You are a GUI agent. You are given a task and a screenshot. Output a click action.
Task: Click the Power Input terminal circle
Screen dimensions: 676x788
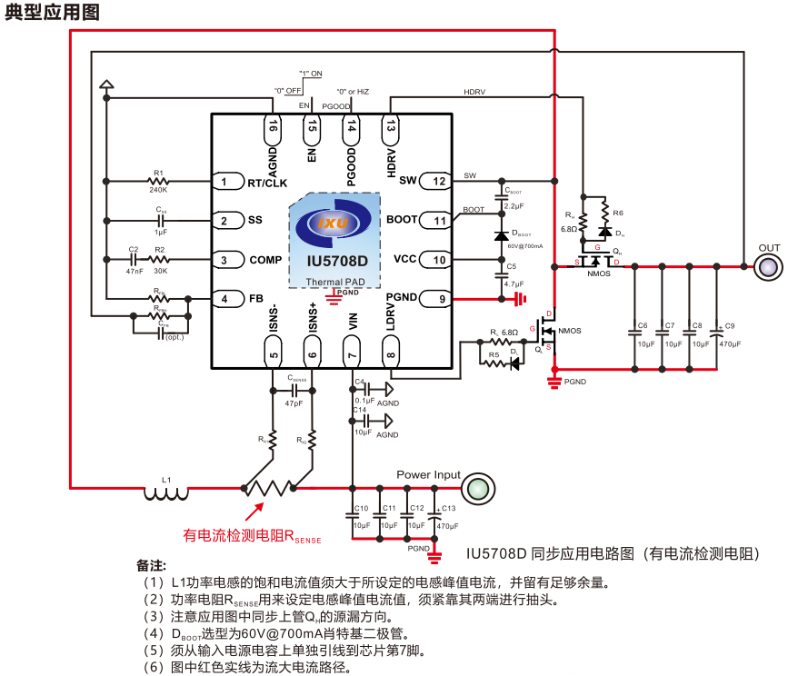tap(475, 491)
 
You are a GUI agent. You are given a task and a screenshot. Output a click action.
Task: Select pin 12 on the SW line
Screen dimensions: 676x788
tap(439, 181)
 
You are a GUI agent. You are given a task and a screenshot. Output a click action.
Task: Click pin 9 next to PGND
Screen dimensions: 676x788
tap(439, 297)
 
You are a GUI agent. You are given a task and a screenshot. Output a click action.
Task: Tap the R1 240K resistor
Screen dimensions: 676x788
tap(158, 182)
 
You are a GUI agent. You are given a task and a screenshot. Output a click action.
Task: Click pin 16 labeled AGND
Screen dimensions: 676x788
tap(274, 128)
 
